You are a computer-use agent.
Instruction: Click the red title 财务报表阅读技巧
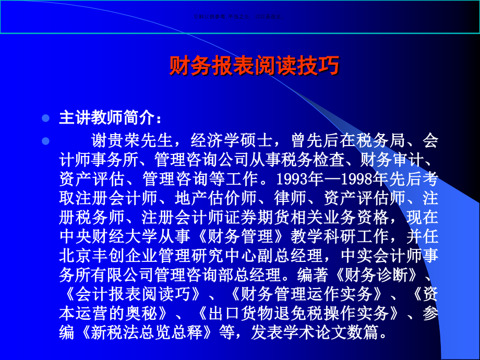tap(254, 66)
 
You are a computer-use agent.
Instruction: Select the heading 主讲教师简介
tap(106, 118)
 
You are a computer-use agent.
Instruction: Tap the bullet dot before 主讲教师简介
tap(45, 118)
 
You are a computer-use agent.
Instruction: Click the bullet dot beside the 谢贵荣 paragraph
tap(45, 141)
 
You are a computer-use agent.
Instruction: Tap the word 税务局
tap(385, 140)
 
